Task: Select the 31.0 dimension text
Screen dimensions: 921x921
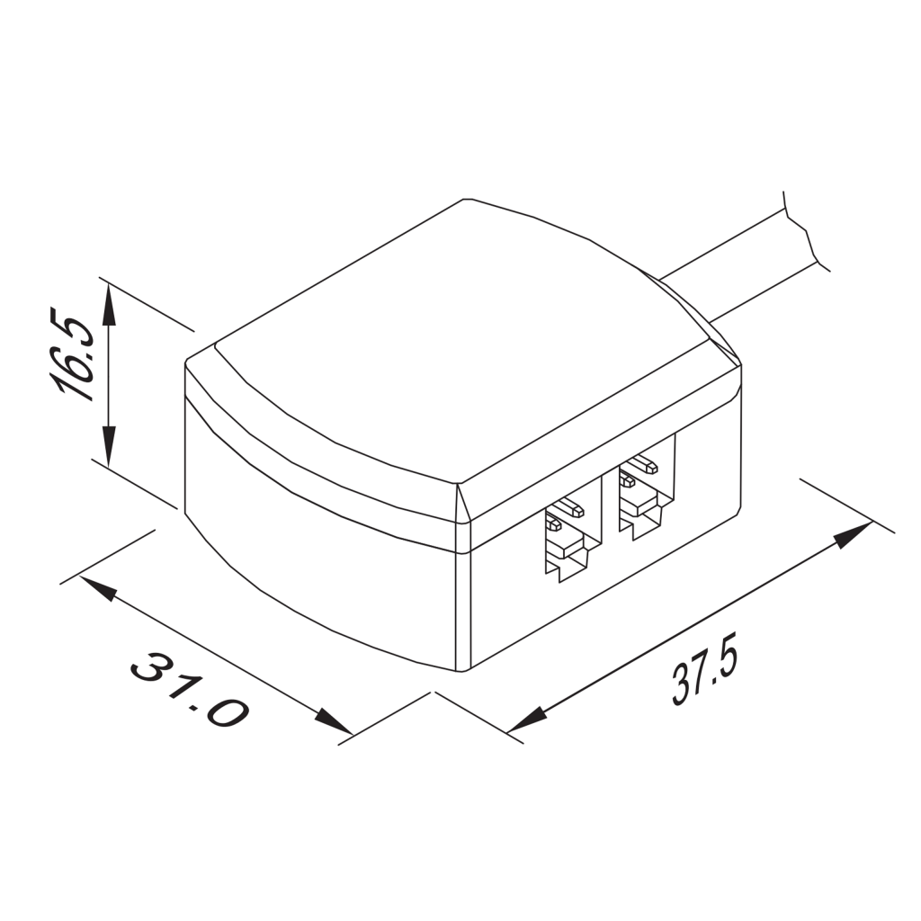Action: pos(190,690)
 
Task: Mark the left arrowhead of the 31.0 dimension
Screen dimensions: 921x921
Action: pos(99,589)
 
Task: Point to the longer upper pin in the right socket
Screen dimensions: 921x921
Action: pos(644,467)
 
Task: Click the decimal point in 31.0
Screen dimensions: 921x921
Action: pos(192,698)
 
